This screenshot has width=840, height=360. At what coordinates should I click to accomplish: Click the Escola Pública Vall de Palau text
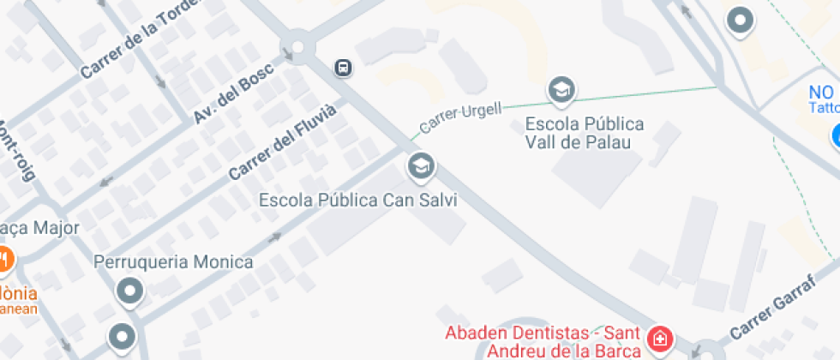[583, 133]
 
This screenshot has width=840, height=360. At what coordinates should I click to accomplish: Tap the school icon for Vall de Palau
[561, 89]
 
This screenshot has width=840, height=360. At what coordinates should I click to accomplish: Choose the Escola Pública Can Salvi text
[358, 200]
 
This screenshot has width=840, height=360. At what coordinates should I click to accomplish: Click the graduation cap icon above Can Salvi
[420, 165]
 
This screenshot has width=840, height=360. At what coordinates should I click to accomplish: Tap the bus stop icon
[342, 67]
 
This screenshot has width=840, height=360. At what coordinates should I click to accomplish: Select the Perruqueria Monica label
[174, 261]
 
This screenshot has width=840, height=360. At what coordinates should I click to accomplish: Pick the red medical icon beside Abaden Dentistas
[660, 339]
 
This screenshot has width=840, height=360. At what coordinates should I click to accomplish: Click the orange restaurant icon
[4, 258]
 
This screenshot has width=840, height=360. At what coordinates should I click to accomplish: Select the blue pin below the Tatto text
[835, 135]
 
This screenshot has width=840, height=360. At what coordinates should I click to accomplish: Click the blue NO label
[821, 92]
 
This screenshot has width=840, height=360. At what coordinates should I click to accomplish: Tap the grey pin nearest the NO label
[739, 21]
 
